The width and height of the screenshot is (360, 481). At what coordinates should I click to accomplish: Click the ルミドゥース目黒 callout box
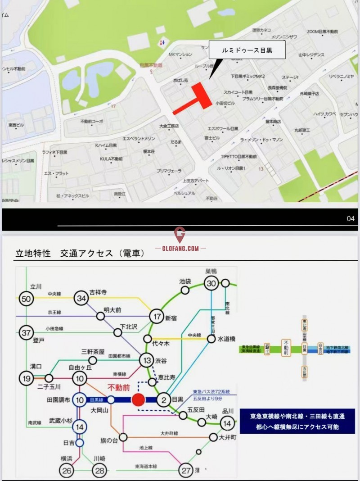[247, 50]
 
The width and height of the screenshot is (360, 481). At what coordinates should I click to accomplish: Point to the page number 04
[351, 219]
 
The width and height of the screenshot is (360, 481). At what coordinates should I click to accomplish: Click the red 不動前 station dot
[138, 399]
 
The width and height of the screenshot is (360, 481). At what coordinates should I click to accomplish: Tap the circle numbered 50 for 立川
[27, 298]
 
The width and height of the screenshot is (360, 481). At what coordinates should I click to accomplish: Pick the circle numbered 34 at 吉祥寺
[81, 298]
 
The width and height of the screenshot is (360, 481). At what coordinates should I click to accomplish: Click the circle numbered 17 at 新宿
[157, 317]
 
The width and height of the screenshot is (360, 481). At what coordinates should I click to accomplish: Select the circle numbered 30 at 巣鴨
[211, 283]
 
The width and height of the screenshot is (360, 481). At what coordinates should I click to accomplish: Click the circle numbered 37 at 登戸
[27, 333]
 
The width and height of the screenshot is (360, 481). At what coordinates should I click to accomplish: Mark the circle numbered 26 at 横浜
[66, 470]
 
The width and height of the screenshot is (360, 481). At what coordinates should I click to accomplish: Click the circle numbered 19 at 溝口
[27, 378]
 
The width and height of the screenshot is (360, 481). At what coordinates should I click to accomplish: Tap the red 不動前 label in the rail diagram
[119, 387]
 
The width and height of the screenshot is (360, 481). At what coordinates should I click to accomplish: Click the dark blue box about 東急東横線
[297, 421]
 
